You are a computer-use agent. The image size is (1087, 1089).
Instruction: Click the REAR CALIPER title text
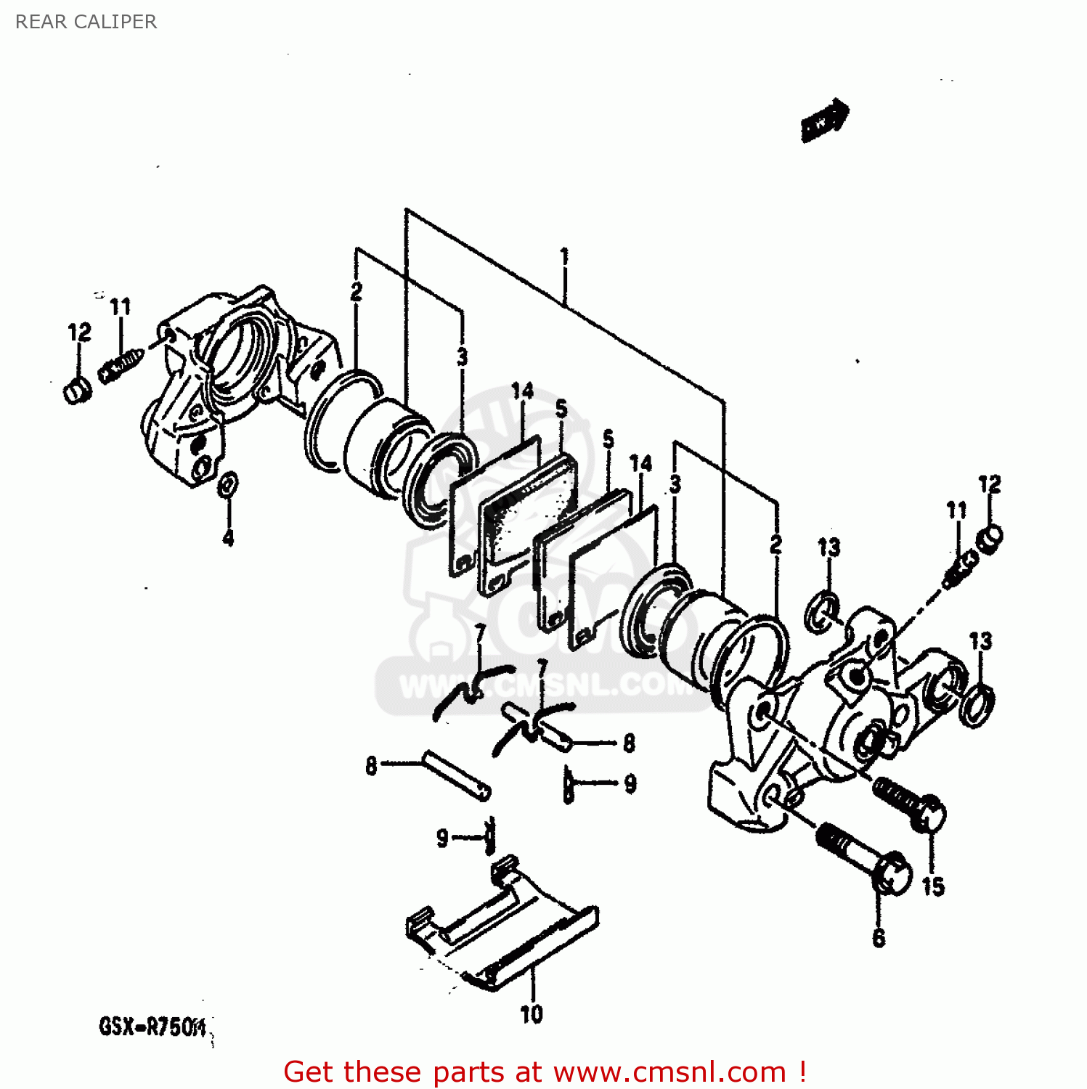coord(86,22)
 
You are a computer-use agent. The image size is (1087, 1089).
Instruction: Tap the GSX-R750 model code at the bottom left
coord(153,1027)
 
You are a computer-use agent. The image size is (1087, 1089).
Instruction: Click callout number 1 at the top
coord(564,257)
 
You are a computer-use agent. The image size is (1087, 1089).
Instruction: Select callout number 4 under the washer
coord(228,538)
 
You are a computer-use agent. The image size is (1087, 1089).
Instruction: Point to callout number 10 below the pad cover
coord(532,1013)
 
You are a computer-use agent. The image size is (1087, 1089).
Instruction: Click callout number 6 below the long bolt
coord(879,937)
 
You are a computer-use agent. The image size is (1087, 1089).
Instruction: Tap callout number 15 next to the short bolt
coord(933,886)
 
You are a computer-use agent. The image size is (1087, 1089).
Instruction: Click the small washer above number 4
coord(227,484)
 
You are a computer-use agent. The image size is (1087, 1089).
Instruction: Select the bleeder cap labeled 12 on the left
coord(77,391)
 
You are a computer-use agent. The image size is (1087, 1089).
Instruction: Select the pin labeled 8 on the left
coord(456,775)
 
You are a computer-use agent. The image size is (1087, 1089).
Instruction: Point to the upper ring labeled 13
coord(823,611)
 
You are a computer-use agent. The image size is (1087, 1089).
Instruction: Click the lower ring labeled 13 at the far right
coord(977,703)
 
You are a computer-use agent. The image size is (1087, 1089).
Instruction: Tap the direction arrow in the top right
coord(825,120)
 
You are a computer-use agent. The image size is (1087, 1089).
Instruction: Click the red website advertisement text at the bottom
coord(545,1072)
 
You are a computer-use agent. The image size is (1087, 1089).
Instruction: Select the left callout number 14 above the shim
coord(522,391)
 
